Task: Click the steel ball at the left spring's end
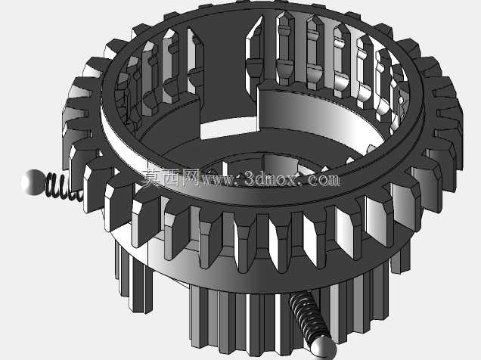pyautogui.click(x=33, y=182)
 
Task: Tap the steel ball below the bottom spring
pyautogui.click(x=324, y=349)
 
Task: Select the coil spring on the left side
pyautogui.click(x=64, y=187)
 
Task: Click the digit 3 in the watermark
pyautogui.click(x=250, y=179)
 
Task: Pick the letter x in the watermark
pyautogui.click(x=289, y=180)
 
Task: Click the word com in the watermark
pyautogui.click(x=323, y=180)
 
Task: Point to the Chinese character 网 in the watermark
pyautogui.click(x=189, y=178)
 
